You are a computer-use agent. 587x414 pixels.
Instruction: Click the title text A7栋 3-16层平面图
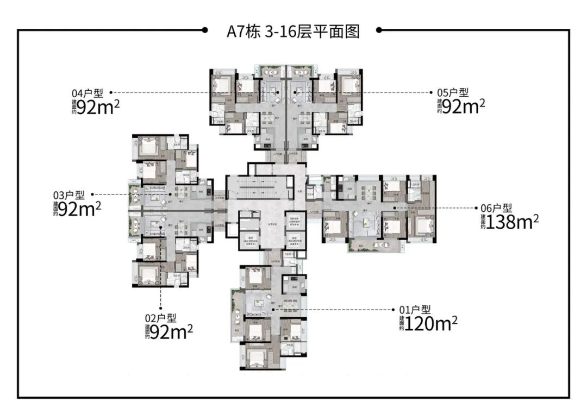click(x=293, y=31)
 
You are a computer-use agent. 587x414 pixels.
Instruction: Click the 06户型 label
click(x=496, y=208)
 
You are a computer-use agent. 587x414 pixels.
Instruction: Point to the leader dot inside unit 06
click(x=395, y=208)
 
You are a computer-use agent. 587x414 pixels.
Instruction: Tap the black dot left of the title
click(x=204, y=30)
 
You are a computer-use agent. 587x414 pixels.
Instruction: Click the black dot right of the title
click(x=379, y=30)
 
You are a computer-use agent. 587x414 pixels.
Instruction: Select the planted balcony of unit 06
click(x=370, y=246)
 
